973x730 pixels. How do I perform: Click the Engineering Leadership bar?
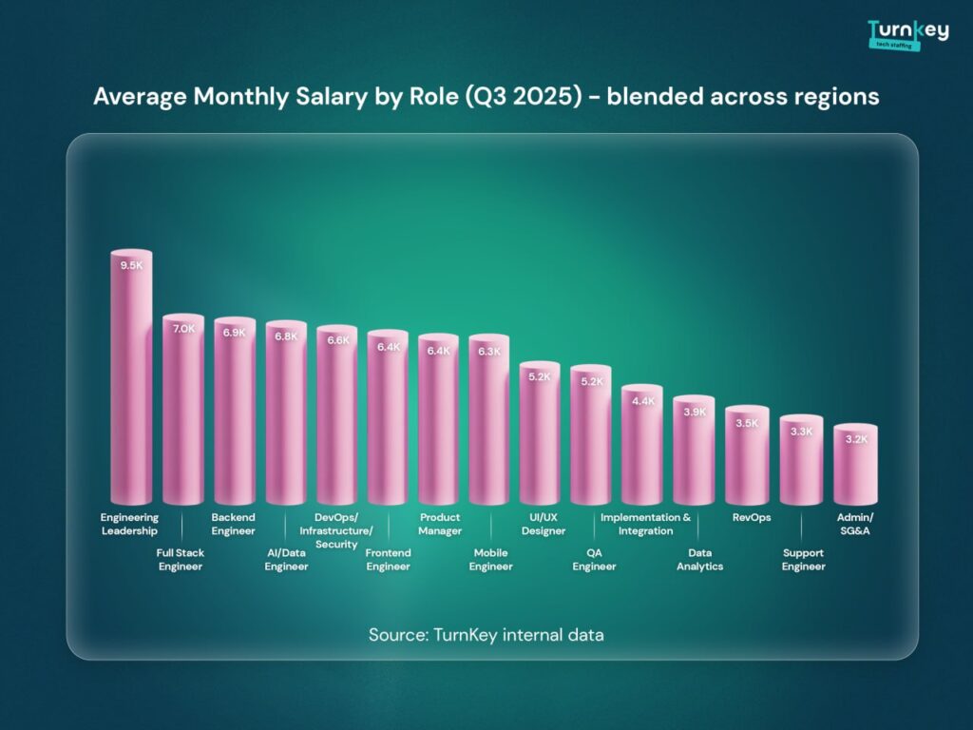131,380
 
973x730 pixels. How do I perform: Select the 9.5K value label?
131,265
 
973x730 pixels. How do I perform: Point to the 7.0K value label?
182,328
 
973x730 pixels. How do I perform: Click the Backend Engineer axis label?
234,524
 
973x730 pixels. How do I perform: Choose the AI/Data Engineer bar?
285,418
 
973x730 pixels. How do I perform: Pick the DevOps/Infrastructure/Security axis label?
336,530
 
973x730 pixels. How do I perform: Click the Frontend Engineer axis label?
388,560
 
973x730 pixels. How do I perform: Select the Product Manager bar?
439,423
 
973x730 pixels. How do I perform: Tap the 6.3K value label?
490,351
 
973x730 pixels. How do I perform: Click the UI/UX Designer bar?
542,437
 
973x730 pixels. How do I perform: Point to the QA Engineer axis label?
594,560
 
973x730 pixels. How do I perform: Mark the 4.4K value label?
643,401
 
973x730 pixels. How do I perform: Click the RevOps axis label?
751,518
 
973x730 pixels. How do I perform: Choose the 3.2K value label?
855,439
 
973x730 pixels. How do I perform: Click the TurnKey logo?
907,33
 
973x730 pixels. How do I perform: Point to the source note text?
486,634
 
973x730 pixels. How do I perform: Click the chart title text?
486,97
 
